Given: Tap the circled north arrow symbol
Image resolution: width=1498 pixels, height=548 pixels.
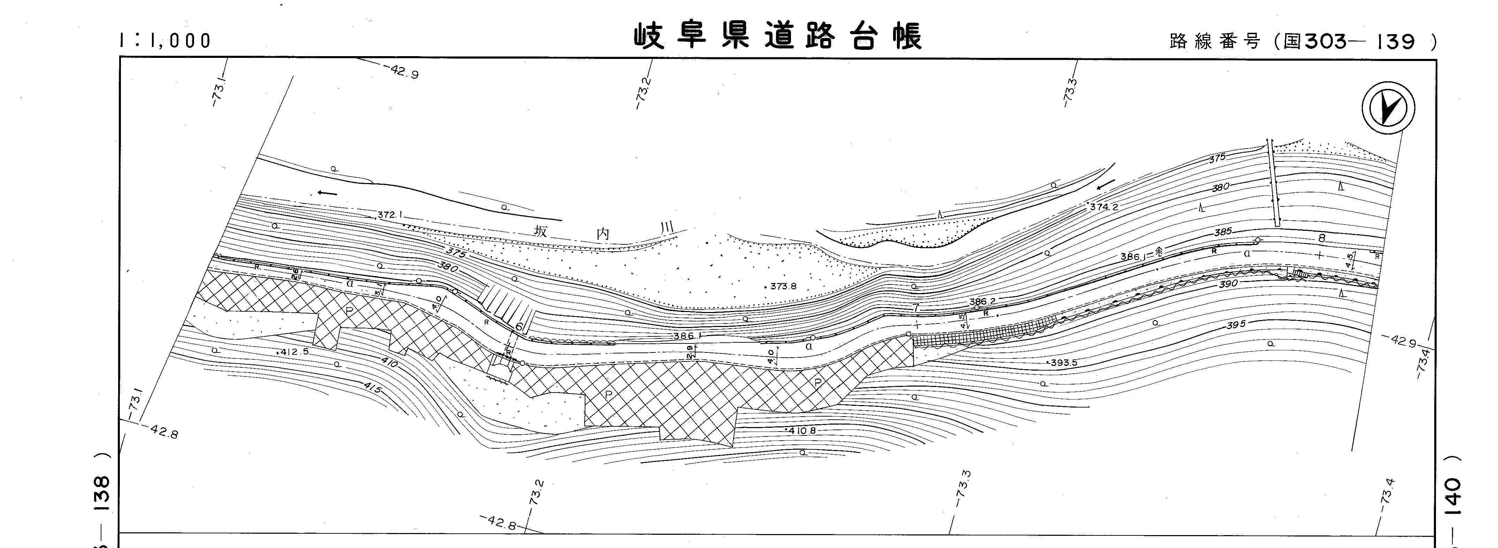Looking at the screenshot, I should click(x=1388, y=108).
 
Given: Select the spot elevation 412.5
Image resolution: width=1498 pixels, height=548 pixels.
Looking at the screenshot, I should click(x=294, y=352).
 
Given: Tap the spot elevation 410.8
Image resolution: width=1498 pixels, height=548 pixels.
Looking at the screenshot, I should click(x=802, y=431).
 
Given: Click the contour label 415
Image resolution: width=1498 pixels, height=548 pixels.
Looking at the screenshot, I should click(x=372, y=387).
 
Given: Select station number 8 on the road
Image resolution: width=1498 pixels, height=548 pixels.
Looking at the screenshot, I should click(x=1321, y=238).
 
